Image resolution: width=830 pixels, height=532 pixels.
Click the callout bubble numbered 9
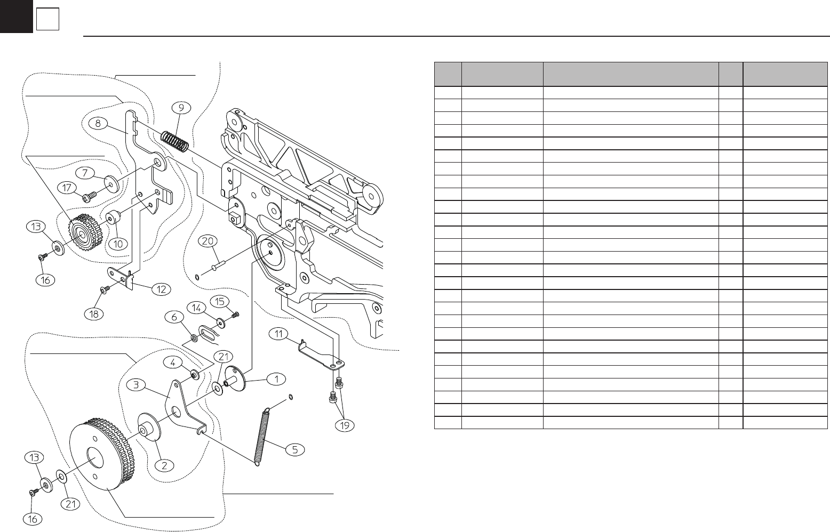click(x=181, y=108)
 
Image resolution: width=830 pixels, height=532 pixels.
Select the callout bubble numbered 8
click(x=98, y=123)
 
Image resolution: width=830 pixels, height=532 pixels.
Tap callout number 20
click(x=207, y=241)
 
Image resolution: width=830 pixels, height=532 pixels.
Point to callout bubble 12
click(x=161, y=289)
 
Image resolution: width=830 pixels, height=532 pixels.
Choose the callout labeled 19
click(x=345, y=425)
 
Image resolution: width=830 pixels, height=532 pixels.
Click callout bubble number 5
click(x=294, y=449)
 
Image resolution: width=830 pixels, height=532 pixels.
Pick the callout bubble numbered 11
click(x=278, y=334)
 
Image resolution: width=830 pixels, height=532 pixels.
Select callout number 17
click(x=67, y=188)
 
